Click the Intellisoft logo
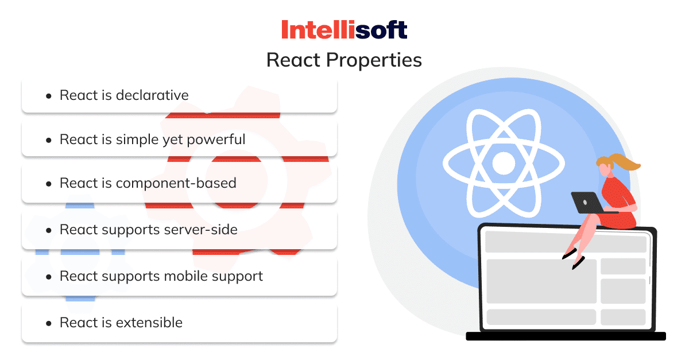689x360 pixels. (344, 29)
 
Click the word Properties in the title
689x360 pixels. (374, 60)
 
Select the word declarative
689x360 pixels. (152, 95)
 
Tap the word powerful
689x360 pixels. (216, 140)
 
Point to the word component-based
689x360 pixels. (176, 184)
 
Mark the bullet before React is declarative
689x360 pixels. (48, 96)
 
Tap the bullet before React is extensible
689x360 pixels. (48, 324)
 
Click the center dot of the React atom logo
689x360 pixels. (504, 163)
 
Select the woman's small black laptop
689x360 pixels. (587, 203)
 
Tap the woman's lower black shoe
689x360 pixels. (578, 263)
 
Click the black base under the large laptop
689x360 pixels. (566, 336)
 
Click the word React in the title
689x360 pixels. (293, 60)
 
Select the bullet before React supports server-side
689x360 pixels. (48, 231)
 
